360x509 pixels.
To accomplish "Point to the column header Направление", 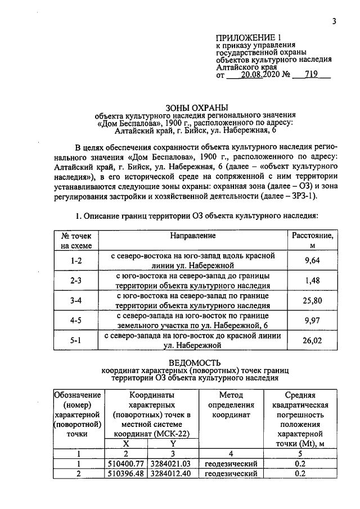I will (x=193, y=236).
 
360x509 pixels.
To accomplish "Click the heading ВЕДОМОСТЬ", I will (x=195, y=362).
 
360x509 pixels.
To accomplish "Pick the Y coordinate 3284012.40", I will (x=171, y=474).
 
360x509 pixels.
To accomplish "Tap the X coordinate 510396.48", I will (x=127, y=474).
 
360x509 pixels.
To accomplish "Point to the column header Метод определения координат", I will (x=234, y=405).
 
